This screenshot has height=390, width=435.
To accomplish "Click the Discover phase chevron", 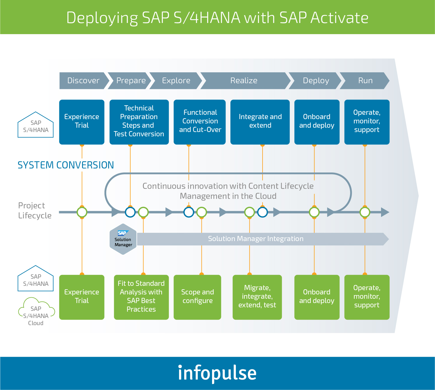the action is pos(84,81).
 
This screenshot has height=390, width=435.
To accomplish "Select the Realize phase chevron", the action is pos(245,81).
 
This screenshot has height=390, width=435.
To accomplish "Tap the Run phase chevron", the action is pos(365,81).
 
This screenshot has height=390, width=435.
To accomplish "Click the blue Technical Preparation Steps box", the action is pos(139,122).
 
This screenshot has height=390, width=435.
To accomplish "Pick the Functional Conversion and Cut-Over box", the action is pos(200,122).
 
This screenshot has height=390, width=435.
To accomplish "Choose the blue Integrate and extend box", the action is pos(260,122).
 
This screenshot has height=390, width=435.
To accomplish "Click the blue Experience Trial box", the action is pos(82,122).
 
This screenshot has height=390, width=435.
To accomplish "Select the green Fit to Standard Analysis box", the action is pos(141,297).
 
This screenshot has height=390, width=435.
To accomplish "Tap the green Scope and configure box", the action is pos(197,297).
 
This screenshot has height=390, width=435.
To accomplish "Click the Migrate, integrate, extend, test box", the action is pos(257,297).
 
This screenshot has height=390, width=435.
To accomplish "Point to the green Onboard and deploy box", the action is pos(317,297).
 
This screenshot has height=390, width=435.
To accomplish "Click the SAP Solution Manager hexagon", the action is pos(123,239).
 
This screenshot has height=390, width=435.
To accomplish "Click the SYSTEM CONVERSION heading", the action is pos(66,165).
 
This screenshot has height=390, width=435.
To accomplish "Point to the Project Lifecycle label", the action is pos(35,210).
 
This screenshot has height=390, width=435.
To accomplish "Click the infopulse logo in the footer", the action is pos(217,373).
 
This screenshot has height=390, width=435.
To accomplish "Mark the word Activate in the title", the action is pos(339,18).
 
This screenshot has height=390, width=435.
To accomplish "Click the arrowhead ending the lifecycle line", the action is pos(385,212).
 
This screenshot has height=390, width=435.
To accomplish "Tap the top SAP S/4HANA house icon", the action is pos(36,125).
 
